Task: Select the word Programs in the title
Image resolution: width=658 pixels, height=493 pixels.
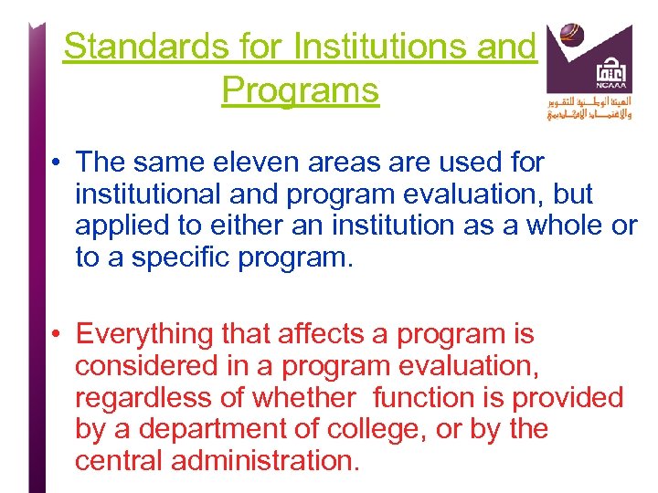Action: pyautogui.click(x=300, y=90)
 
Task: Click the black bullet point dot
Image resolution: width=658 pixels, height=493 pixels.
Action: pyautogui.click(x=57, y=164)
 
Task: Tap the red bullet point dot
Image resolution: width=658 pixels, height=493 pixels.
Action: pyautogui.click(x=57, y=337)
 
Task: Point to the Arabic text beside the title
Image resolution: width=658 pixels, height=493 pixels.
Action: pyautogui.click(x=589, y=108)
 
